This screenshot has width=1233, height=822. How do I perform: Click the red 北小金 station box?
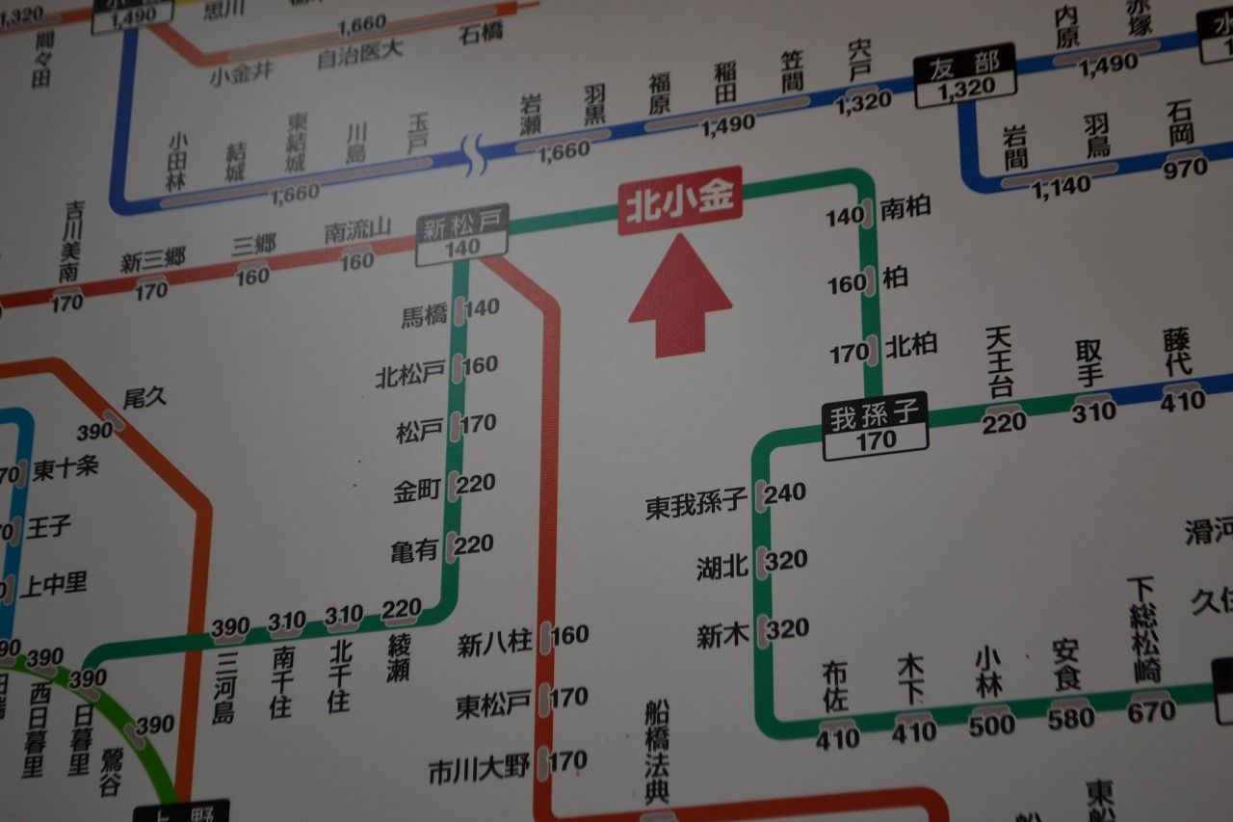680,199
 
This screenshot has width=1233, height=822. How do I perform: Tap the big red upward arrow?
680,295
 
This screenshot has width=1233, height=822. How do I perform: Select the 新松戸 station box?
462,236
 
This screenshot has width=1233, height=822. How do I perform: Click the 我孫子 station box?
875,426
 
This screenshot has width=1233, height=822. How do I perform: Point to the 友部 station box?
965,75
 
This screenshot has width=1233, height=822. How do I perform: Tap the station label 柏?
895,278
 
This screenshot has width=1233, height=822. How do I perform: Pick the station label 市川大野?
479,770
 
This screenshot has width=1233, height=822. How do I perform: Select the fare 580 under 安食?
1072,718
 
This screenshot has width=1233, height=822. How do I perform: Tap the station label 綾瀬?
399,658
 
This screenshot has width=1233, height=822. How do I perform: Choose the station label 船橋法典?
657,752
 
